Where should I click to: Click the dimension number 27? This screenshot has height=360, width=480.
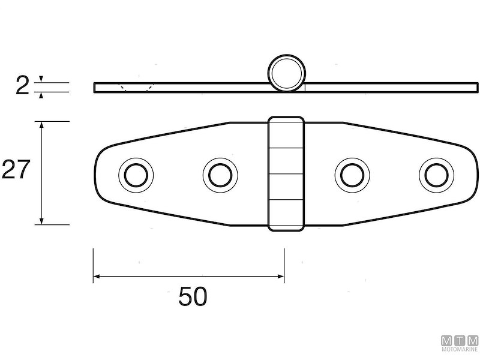click(x=14, y=170)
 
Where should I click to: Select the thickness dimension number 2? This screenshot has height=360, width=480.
click(x=22, y=87)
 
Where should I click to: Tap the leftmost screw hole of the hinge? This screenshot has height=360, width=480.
click(x=136, y=175)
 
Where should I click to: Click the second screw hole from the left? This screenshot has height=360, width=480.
click(x=220, y=175)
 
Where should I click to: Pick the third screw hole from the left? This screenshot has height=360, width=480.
click(x=351, y=175)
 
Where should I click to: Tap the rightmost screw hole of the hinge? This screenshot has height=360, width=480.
click(x=436, y=175)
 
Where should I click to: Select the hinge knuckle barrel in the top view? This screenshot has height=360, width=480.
click(x=286, y=173)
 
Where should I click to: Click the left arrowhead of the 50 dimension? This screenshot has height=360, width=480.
click(x=96, y=277)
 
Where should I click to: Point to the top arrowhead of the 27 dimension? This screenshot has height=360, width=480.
click(x=41, y=125)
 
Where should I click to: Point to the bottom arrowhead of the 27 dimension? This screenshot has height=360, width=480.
click(x=41, y=221)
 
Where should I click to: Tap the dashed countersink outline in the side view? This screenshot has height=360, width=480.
click(x=136, y=88)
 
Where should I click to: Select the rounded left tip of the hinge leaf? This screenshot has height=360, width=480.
click(x=100, y=173)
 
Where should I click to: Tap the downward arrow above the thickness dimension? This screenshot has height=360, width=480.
click(x=41, y=79)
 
